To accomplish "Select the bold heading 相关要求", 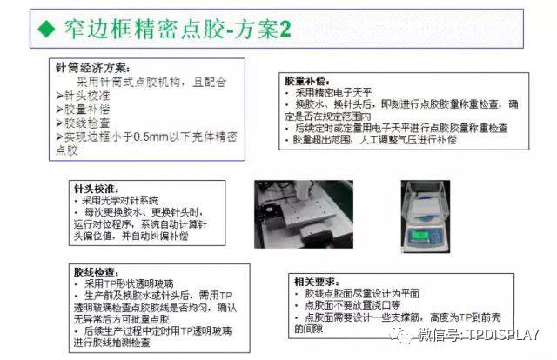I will tap(315, 282).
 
